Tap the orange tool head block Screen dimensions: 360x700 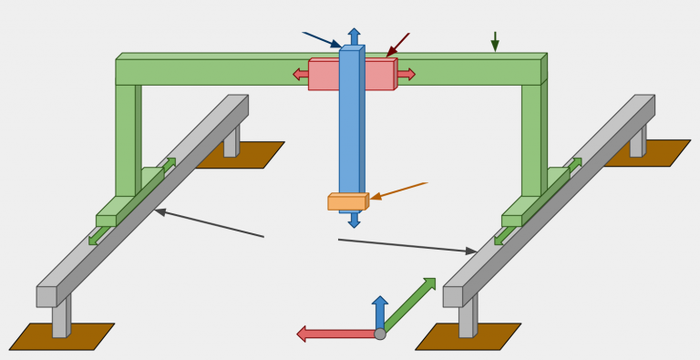(346, 202)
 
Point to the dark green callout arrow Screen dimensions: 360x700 (495, 41)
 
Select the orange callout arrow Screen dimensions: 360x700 (398, 190)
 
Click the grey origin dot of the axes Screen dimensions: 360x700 (380, 334)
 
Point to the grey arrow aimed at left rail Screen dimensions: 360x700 (209, 223)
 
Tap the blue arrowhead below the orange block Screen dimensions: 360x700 (354, 221)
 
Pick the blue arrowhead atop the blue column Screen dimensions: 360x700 (354, 35)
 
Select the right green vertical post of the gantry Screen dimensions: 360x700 (531, 137)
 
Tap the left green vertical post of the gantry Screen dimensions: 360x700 (126, 137)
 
